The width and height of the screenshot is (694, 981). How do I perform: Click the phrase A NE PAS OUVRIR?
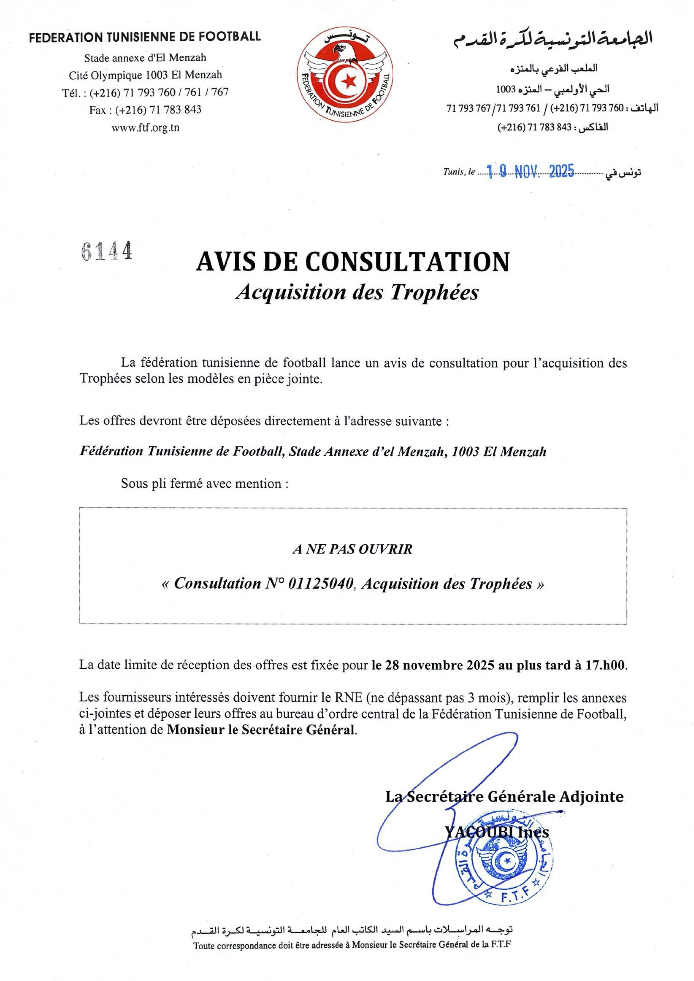click(x=353, y=549)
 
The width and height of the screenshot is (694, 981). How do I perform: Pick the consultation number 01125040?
click(x=321, y=584)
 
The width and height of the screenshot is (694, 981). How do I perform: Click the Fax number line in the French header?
click(x=145, y=110)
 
